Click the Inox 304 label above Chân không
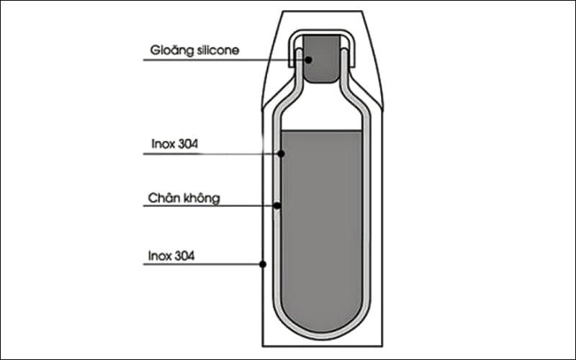pos(174,143)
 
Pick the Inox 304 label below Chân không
pos(171,256)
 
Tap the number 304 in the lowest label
pos(183,256)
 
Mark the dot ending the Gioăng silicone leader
pos(309,60)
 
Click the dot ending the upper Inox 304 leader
pos(281,153)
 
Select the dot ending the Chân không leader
pos(277,206)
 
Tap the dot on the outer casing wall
pos(263,264)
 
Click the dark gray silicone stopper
pos(322,59)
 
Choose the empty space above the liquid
pos(322,110)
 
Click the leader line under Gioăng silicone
pos(224,60)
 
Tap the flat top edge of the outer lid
pos(322,11)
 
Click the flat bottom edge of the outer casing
pos(322,346)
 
